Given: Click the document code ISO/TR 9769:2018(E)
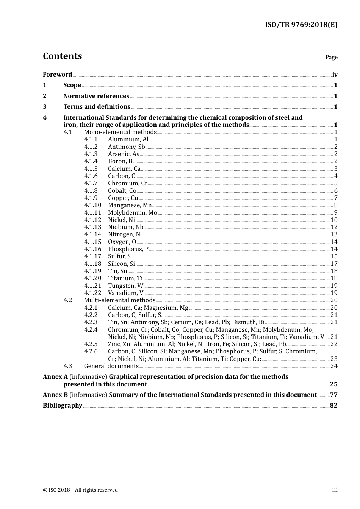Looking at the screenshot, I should (301, 25).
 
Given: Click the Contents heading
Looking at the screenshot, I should (62, 56).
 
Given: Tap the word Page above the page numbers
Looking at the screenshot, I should (331, 57).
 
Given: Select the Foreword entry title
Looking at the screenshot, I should (57, 75).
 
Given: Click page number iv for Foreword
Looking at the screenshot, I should (335, 75).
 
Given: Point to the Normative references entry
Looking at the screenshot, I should (96, 96).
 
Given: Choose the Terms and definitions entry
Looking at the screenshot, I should (97, 107).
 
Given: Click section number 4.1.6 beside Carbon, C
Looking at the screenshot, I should (91, 176).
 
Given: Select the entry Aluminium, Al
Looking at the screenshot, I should (128, 139).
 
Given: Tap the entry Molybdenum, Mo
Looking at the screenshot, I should (132, 213).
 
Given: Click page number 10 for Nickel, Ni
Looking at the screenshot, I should (334, 220).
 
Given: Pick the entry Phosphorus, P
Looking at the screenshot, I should (128, 249).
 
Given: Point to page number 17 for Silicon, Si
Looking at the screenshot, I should (334, 264).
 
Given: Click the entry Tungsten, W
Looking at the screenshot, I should (125, 286).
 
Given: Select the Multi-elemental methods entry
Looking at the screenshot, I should (119, 300).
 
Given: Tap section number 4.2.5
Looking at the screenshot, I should (91, 344).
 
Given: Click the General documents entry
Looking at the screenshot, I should (111, 366).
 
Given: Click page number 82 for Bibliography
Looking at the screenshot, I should (333, 406).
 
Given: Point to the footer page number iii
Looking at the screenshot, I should (335, 490).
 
